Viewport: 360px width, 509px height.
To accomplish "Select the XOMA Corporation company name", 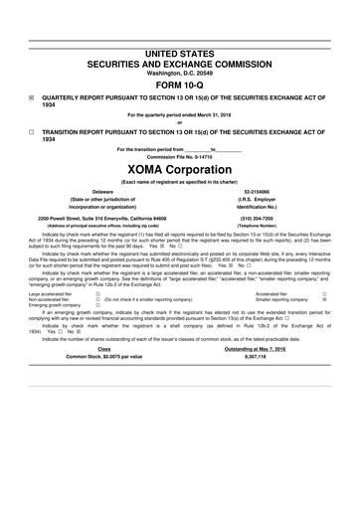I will click(179, 169).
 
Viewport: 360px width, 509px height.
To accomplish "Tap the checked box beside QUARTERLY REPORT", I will click(31, 98).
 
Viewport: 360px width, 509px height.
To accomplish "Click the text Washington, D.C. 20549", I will click(179, 73).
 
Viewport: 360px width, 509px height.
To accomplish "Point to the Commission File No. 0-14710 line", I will click(179, 157).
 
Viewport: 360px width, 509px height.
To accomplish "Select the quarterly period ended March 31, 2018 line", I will click(179, 114).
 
